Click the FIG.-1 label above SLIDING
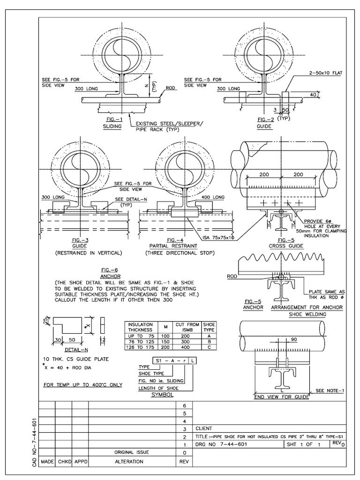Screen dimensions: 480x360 pyautogui.click(x=112, y=119)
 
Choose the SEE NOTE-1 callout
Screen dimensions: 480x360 pyautogui.click(x=330, y=390)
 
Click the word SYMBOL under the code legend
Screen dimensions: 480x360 pyautogui.click(x=161, y=395)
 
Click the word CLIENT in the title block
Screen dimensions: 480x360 pyautogui.click(x=204, y=428)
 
